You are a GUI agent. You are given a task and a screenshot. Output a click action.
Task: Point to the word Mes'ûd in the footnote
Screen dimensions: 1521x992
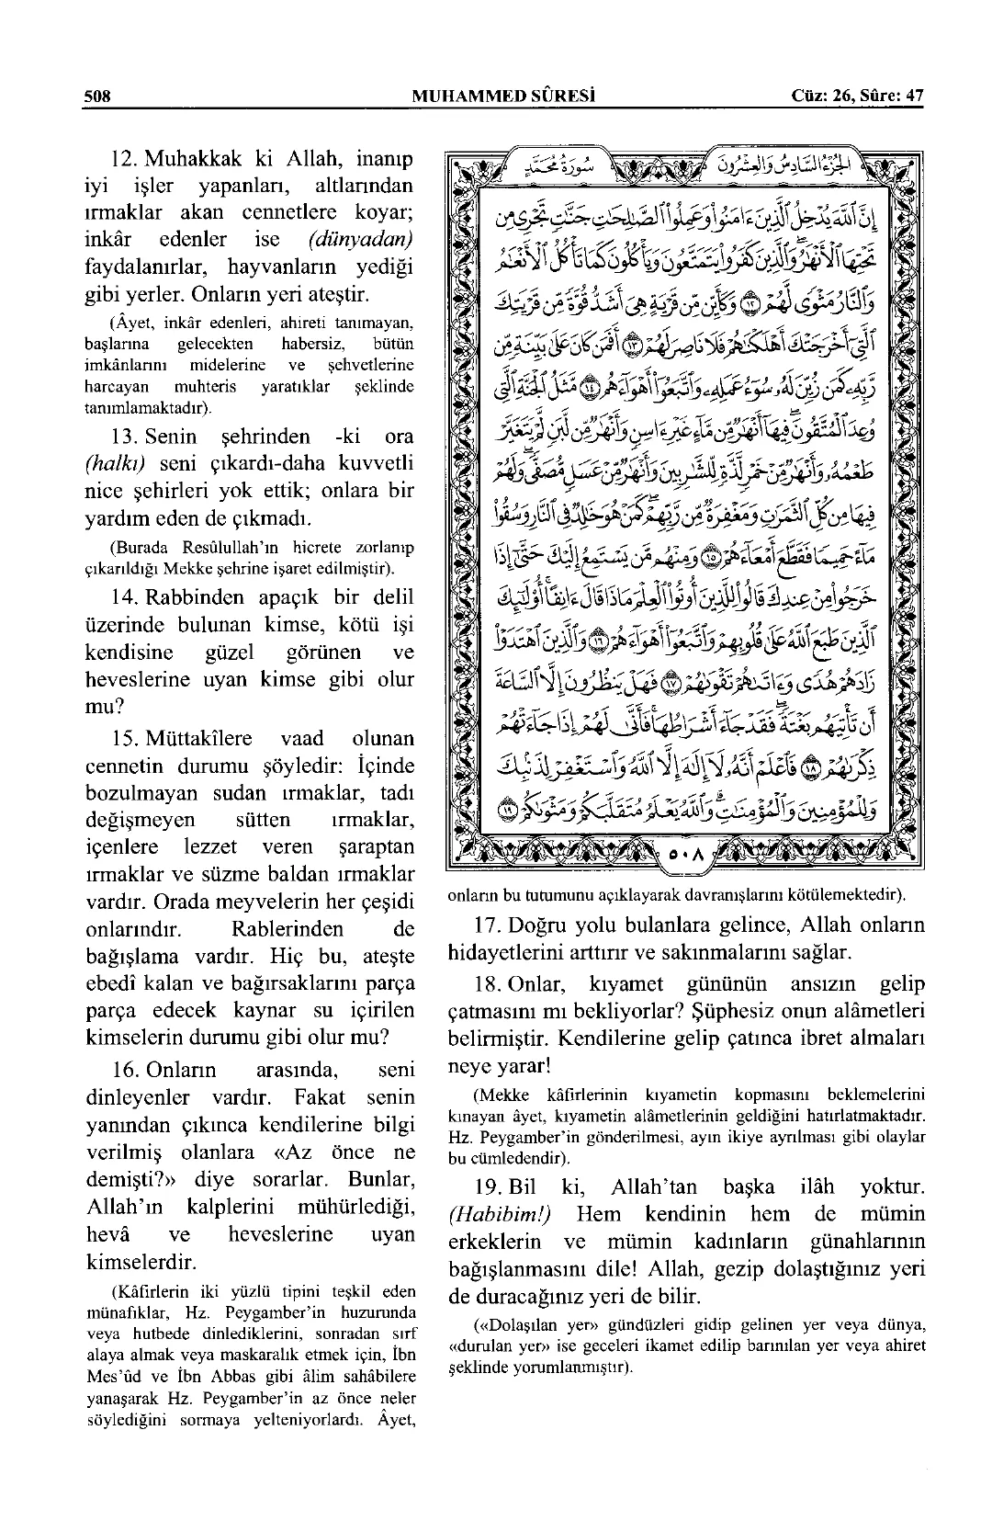coord(110,1376)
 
